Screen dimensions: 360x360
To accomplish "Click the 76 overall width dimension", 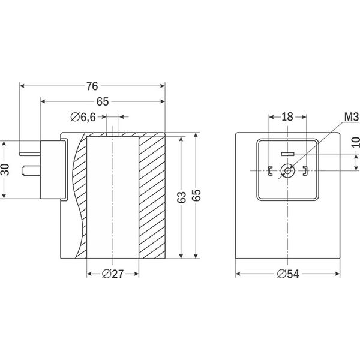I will click(92, 86).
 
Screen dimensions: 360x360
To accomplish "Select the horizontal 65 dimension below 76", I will click(102, 101).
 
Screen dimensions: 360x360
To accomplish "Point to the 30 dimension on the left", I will click(5, 169).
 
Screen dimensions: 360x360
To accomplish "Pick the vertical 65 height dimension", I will click(196, 194).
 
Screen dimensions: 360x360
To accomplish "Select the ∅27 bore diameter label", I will click(113, 274).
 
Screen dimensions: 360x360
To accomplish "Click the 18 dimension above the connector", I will click(287, 116).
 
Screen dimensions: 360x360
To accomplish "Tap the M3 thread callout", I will click(351, 115).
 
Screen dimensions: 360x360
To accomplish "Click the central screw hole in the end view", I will click(288, 171).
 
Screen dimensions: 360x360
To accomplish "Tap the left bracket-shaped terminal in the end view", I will click(271, 171).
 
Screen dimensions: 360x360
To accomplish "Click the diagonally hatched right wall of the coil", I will click(152, 198).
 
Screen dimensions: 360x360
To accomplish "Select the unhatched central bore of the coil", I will click(113, 198).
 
